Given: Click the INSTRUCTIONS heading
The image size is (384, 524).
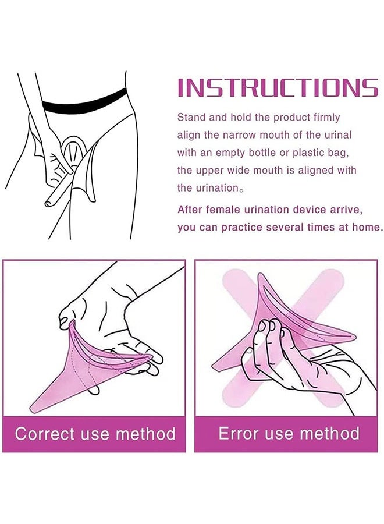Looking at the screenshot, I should pyautogui.click(x=278, y=88).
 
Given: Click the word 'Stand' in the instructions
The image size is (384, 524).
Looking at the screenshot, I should pyautogui.click(x=191, y=118).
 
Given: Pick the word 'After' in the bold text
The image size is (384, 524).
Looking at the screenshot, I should pyautogui.click(x=190, y=209).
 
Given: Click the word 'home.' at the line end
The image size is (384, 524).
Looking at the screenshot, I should pyautogui.click(x=368, y=227).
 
